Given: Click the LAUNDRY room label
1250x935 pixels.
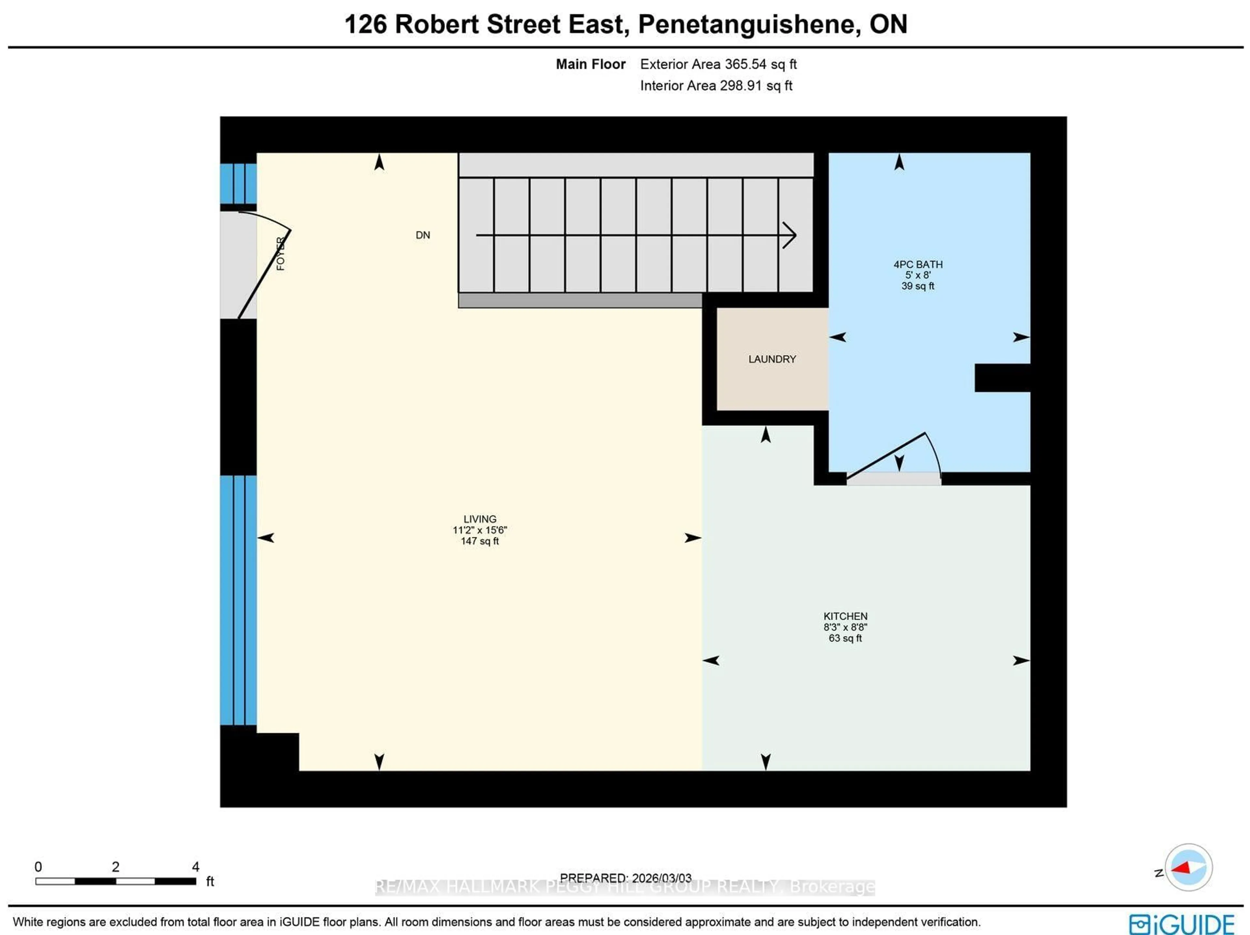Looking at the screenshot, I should click(x=772, y=359).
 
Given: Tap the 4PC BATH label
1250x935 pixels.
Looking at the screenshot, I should click(x=918, y=264).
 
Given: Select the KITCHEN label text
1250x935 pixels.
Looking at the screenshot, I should click(x=845, y=616).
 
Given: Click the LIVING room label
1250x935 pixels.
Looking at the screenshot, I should click(x=480, y=519).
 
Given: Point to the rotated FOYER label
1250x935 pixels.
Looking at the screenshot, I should click(x=280, y=254).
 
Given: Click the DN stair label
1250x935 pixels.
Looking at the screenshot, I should click(x=423, y=235).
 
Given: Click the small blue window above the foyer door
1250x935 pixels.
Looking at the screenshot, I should click(x=238, y=183).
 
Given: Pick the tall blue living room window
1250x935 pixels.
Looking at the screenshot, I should click(x=238, y=600).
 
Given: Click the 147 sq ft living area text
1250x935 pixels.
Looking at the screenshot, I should click(x=480, y=541).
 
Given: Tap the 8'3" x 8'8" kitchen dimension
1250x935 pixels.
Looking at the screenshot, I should click(x=845, y=627).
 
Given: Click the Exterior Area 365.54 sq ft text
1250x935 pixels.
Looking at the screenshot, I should click(x=718, y=64).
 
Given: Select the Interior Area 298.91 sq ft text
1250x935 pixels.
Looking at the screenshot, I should click(x=716, y=86).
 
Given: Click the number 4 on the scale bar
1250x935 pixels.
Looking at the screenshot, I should click(x=196, y=867).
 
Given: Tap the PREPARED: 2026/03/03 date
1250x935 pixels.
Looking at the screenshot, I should click(x=626, y=878).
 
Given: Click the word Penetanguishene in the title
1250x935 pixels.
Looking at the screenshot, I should click(x=746, y=24).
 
